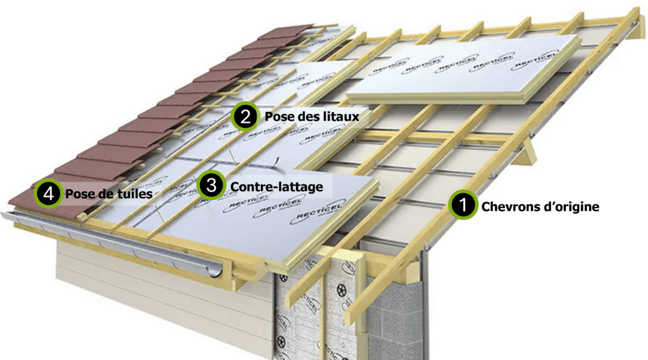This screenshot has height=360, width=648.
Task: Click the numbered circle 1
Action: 463,206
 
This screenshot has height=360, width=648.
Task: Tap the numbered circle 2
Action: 245,116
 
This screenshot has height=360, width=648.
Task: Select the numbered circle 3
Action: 211,186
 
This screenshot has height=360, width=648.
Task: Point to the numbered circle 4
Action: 48,194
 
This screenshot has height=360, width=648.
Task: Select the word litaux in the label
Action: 343,116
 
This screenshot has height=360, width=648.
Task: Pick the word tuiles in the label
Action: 136,194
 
